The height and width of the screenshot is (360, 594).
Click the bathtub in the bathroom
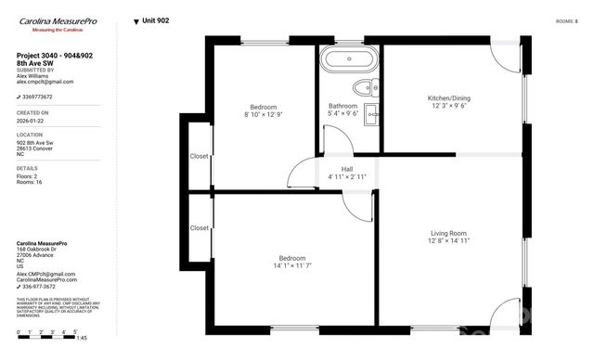[348, 61]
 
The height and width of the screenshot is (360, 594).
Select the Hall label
[347, 169]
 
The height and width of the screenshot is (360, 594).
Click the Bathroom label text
[342, 107]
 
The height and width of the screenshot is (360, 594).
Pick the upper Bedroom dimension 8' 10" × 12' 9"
[264, 115]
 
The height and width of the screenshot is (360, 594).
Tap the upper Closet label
[199, 156]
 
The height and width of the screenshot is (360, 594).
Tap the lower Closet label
[199, 227]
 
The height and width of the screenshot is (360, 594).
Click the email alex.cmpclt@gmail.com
[45, 82]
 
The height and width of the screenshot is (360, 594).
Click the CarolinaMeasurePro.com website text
[46, 279]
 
